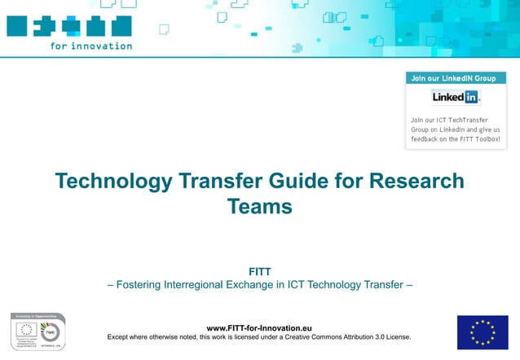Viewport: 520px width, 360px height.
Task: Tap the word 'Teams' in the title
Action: point(259,207)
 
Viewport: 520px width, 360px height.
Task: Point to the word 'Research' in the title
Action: point(416,181)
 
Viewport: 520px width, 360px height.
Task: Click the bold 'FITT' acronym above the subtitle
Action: point(259,271)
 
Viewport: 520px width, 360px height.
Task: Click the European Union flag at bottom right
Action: point(482,331)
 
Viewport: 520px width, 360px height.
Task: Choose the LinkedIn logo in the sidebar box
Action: point(456,97)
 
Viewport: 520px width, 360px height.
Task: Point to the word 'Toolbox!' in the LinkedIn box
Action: point(484,138)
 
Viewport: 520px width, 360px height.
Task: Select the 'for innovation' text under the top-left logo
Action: point(90,46)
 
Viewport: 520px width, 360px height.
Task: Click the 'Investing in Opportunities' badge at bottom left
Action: point(37,331)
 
